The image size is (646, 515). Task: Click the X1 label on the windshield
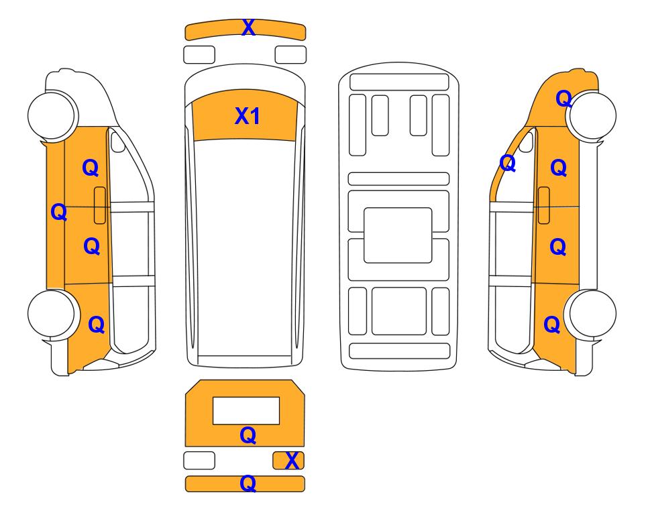(x=247, y=116)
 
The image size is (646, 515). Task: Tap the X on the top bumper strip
(x=248, y=27)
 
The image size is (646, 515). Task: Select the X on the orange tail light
(x=292, y=461)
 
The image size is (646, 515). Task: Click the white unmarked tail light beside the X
(x=199, y=460)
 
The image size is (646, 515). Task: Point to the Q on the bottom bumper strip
(x=248, y=483)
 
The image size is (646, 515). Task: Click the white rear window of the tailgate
(x=246, y=411)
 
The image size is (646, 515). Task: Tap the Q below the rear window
(x=248, y=435)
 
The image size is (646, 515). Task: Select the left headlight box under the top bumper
(x=199, y=55)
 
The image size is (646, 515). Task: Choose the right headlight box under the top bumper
(x=290, y=55)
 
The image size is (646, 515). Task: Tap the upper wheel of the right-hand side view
(x=592, y=115)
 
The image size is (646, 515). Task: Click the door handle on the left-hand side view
(x=100, y=205)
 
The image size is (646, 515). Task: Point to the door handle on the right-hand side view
(x=544, y=205)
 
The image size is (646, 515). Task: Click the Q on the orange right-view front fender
(x=564, y=99)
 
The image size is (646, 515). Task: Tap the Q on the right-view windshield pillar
(x=508, y=163)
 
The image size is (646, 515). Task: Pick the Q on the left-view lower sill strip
(x=59, y=212)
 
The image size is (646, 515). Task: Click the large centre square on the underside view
(x=398, y=235)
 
